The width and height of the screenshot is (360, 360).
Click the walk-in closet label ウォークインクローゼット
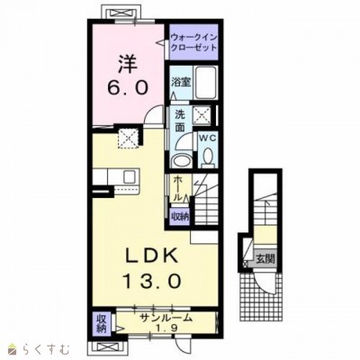point(193,42)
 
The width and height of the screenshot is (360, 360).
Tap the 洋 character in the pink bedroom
point(128,64)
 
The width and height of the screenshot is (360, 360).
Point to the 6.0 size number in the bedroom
point(128,88)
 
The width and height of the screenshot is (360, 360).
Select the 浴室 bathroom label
point(181,82)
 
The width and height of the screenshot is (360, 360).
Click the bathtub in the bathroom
point(206,83)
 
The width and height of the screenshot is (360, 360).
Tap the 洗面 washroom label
point(180,121)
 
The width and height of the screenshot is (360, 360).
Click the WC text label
point(207,139)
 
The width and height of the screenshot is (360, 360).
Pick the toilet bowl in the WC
point(207,157)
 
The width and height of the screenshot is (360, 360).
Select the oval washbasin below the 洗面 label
point(181,160)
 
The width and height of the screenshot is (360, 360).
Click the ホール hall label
point(177,189)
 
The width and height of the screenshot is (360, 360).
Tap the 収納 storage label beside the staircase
point(180,217)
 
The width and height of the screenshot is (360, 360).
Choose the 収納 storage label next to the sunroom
point(102,324)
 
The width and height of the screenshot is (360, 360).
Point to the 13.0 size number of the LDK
point(152,281)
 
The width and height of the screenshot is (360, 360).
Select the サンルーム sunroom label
point(166,318)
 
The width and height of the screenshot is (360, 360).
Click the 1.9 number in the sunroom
point(166,328)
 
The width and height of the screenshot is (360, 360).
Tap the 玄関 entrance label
point(265,258)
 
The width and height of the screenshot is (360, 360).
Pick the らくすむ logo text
point(48,349)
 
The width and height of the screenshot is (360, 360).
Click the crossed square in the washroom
point(202,114)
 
